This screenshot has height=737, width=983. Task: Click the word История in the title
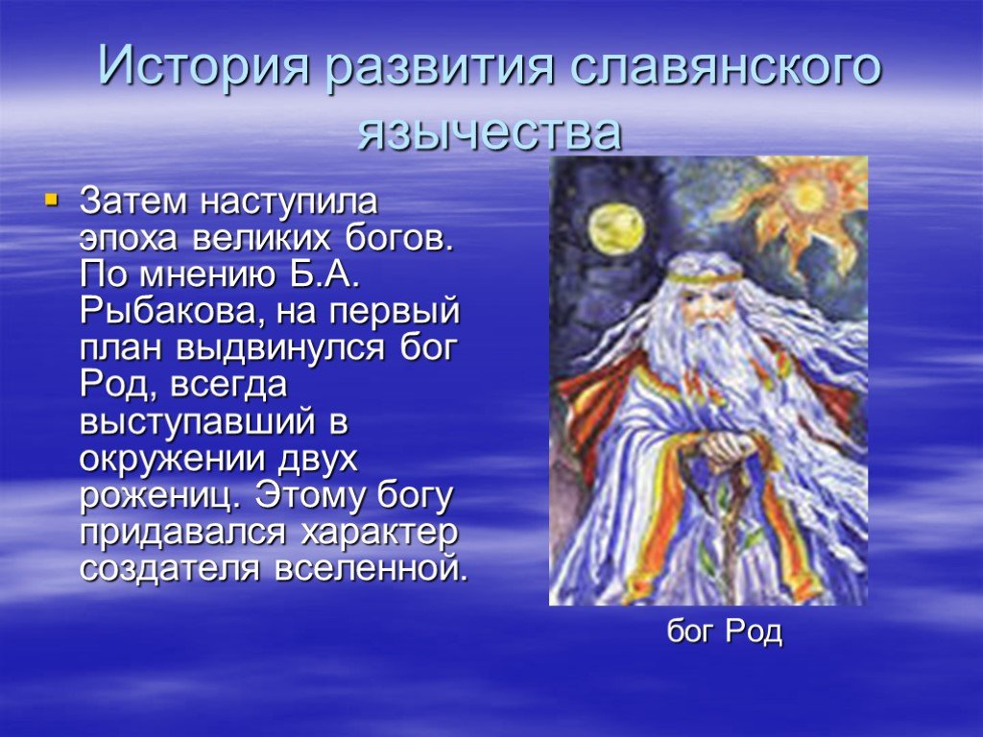click(x=204, y=66)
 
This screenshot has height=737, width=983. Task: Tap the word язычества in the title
click(x=490, y=132)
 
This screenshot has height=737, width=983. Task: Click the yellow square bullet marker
click(x=52, y=200)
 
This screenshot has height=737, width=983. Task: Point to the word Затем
click(x=133, y=202)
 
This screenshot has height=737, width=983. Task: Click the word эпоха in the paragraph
click(x=129, y=239)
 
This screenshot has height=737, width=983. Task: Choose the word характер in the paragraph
click(x=378, y=534)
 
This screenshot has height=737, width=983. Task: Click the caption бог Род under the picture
click(x=724, y=631)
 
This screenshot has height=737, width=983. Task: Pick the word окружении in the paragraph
click(x=165, y=460)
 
